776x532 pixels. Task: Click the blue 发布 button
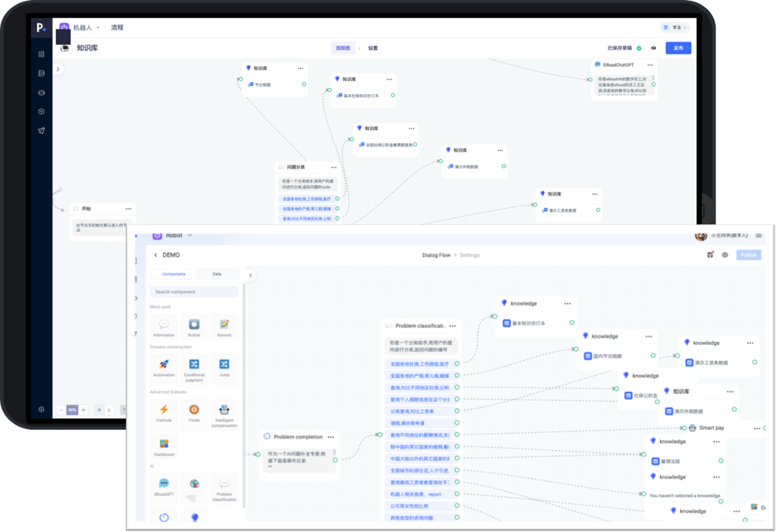[678, 48]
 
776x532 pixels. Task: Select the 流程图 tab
[343, 48]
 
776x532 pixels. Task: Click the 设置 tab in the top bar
[373, 48]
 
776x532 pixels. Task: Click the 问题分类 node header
[296, 167]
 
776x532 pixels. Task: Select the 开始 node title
[86, 208]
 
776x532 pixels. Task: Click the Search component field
[196, 292]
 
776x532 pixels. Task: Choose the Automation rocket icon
[164, 365]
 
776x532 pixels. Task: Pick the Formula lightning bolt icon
[164, 410]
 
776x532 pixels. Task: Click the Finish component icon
[194, 410]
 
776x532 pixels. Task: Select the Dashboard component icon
[164, 444]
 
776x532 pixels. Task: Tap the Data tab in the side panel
[217, 274]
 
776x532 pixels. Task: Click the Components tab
[174, 274]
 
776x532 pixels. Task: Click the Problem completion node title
[298, 437]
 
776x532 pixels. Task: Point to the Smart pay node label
[711, 428]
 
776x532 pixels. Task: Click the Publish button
[749, 255]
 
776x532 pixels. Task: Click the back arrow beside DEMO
[155, 255]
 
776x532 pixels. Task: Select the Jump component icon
[224, 365]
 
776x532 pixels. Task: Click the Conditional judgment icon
[194, 365]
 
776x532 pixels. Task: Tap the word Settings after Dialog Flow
[470, 255]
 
